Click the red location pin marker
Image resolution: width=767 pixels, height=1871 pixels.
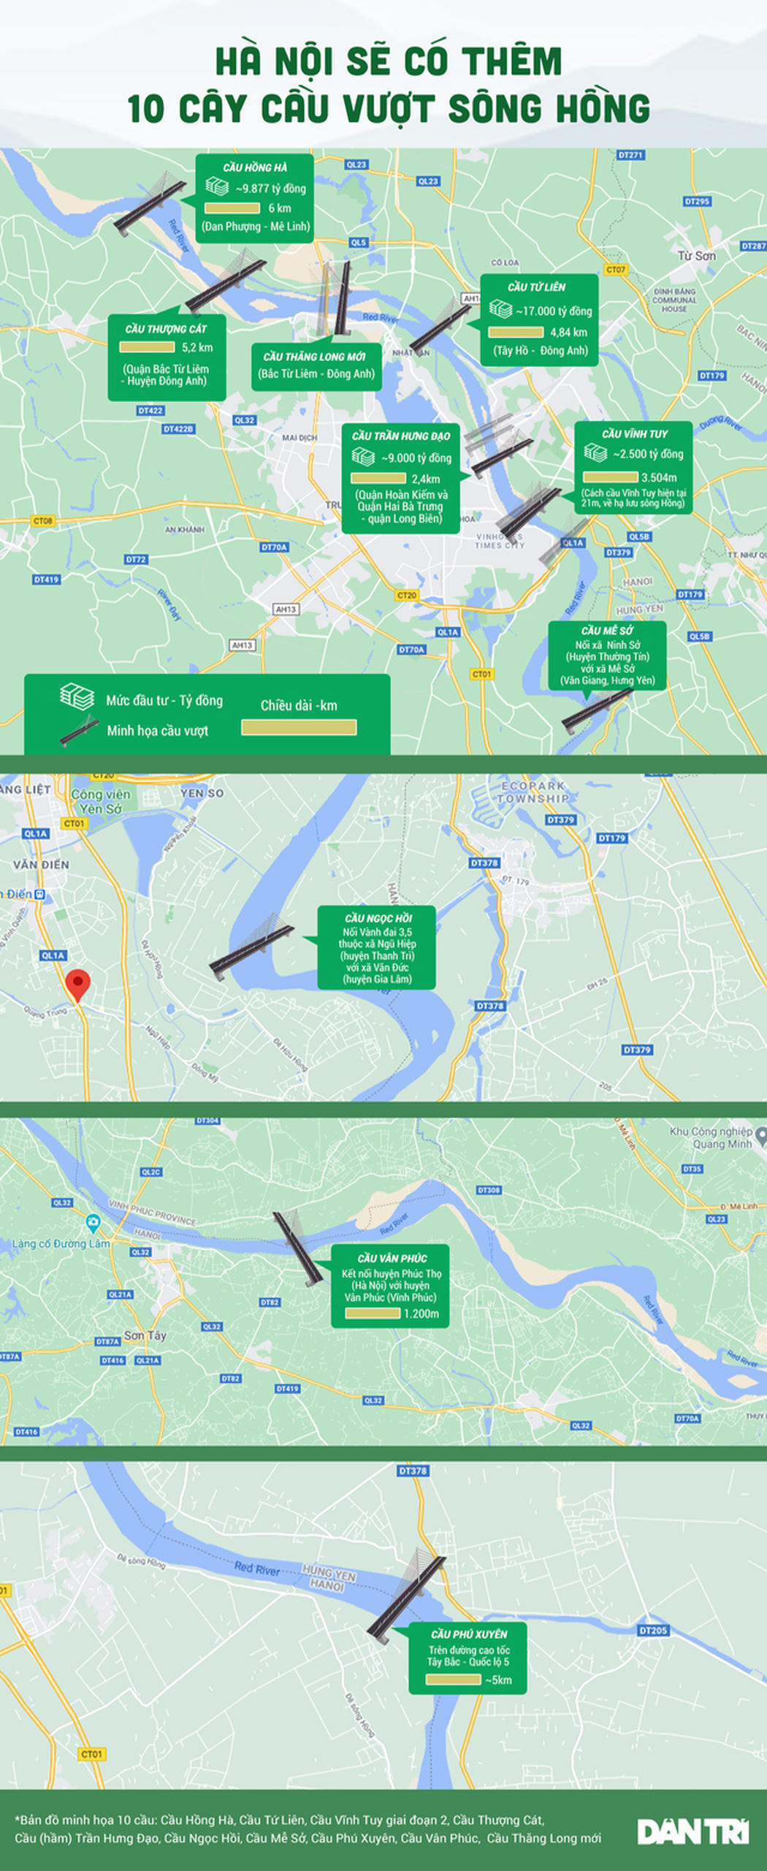(x=77, y=984)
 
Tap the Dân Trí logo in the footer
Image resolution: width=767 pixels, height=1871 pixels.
(x=692, y=1832)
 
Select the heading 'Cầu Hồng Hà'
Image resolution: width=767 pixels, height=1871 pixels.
(x=255, y=167)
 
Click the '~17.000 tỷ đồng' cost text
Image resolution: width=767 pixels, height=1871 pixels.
(x=554, y=311)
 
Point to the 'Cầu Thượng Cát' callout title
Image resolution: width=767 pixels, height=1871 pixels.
(x=166, y=329)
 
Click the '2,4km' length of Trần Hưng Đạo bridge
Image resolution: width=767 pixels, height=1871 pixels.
(x=425, y=479)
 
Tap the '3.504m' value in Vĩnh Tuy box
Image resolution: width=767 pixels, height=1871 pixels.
(x=659, y=478)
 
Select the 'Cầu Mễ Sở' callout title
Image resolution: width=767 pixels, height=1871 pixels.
(x=607, y=631)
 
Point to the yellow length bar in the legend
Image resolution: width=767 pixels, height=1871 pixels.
(x=299, y=727)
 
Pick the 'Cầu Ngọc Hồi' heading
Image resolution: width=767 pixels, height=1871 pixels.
(x=378, y=918)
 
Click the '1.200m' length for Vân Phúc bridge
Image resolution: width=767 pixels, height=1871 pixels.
(x=421, y=1313)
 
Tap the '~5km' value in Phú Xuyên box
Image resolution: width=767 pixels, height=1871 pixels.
(x=498, y=1680)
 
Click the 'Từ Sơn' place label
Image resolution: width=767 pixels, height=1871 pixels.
(x=696, y=256)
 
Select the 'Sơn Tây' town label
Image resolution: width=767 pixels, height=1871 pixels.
(x=145, y=1335)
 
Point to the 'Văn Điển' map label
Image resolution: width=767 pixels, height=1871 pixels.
(x=41, y=865)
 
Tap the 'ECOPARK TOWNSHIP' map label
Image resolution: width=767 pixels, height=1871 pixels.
(x=533, y=792)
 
